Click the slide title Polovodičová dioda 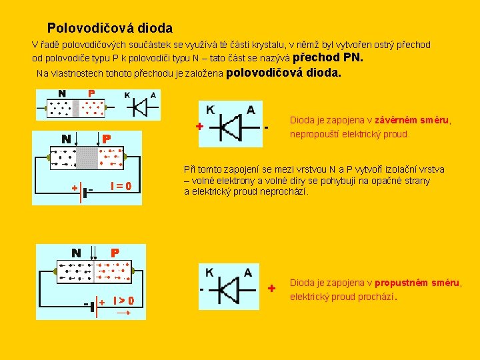pyautogui.click(x=110, y=29)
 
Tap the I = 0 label pyautogui.click(x=119, y=185)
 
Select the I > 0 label pyautogui.click(x=123, y=301)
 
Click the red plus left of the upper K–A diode pyautogui.click(x=199, y=126)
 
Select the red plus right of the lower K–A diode pyautogui.click(x=271, y=289)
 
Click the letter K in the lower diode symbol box pyautogui.click(x=209, y=272)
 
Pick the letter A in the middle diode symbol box pyautogui.click(x=250, y=110)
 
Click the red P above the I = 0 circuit pyautogui.click(x=105, y=139)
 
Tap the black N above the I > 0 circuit pyautogui.click(x=77, y=253)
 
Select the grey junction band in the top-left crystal pyautogui.click(x=76, y=107)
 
